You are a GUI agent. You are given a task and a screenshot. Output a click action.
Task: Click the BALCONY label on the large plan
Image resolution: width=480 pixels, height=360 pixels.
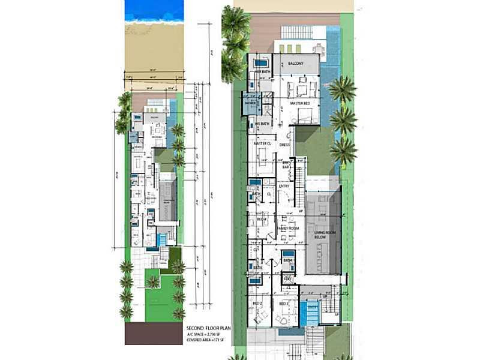(x=295, y=63)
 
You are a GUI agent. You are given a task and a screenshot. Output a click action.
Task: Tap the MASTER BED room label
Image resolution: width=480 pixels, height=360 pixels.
(x=300, y=104)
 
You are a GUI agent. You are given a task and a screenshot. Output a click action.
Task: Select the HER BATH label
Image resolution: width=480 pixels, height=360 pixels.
(x=262, y=71)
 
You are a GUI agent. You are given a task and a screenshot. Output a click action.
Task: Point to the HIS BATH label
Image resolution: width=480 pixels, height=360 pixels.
(x=262, y=124)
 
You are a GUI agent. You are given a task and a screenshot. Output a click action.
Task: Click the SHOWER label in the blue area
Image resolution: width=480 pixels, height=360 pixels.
(x=251, y=103)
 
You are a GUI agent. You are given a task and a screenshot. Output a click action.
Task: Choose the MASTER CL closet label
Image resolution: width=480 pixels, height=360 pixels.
(x=262, y=144)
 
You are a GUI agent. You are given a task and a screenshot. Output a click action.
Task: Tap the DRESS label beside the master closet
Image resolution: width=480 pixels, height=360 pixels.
(x=284, y=144)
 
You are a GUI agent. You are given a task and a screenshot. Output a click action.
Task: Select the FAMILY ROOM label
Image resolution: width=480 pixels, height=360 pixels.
(x=288, y=228)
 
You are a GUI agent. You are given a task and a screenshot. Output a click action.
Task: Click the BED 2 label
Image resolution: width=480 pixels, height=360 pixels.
(x=259, y=304)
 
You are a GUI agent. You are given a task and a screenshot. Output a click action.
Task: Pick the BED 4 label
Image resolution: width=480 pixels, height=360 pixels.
(x=262, y=220)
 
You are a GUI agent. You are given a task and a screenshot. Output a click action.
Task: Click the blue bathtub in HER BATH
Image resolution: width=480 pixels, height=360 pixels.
(x=261, y=62)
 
